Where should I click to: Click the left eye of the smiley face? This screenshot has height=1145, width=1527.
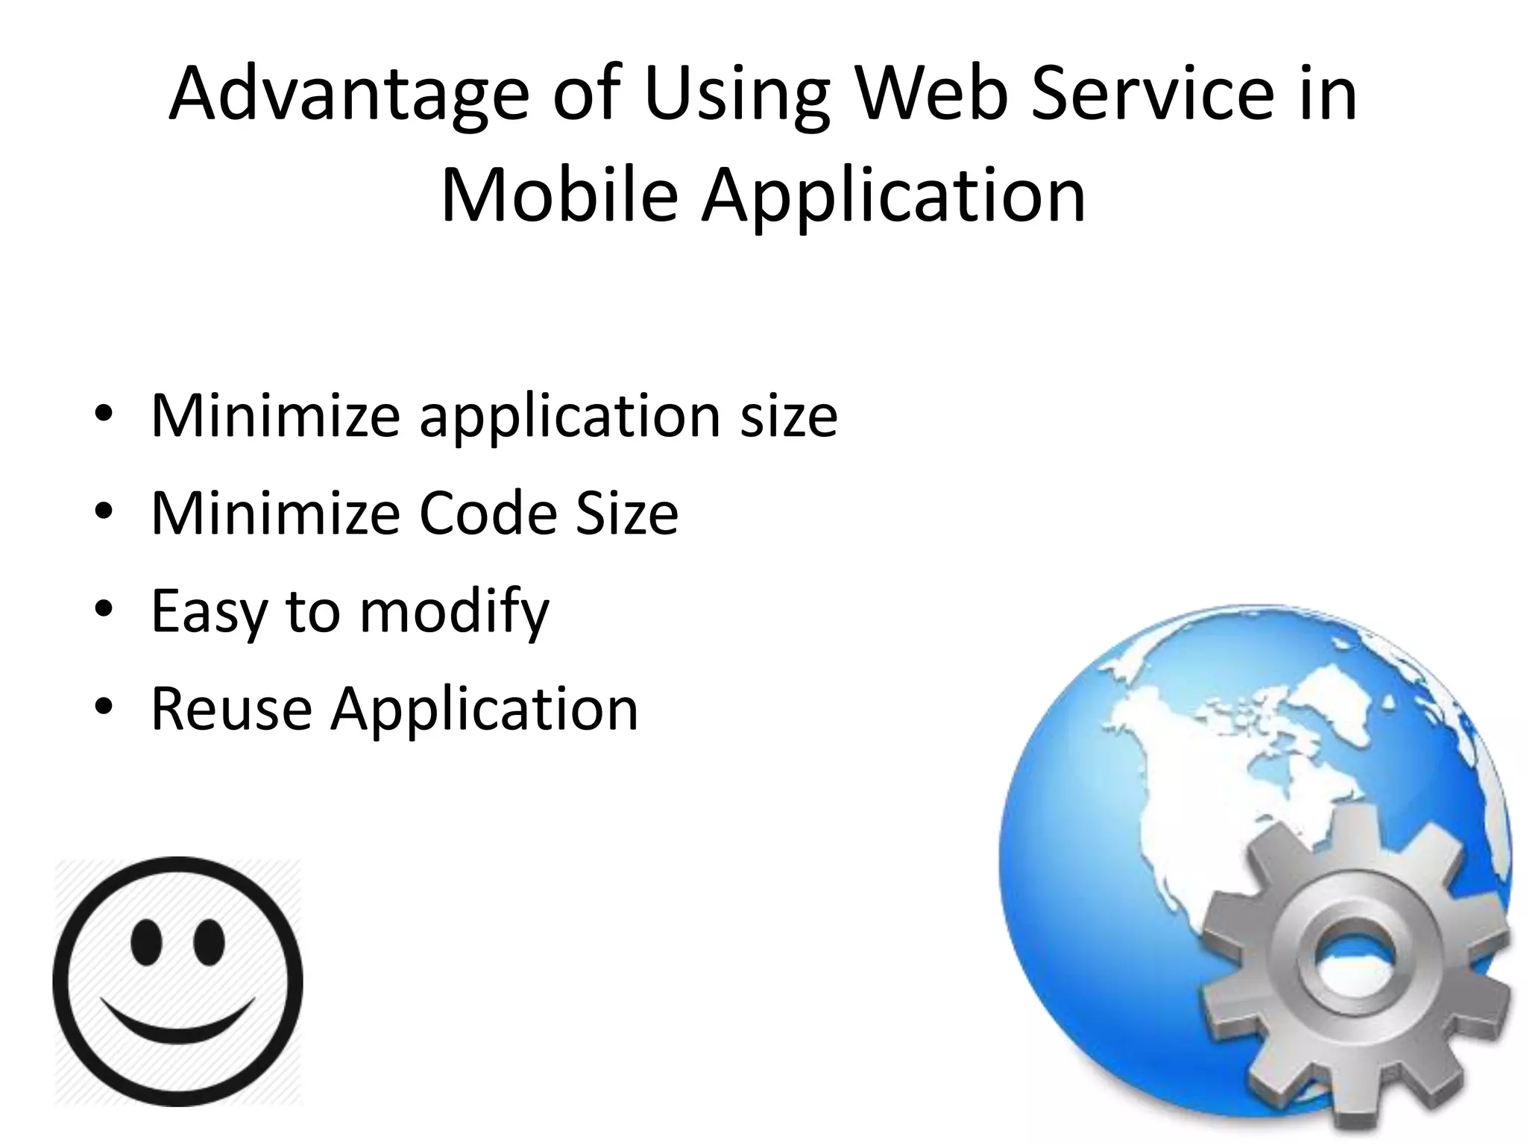[x=145, y=940]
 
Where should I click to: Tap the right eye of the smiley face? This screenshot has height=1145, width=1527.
[x=209, y=940]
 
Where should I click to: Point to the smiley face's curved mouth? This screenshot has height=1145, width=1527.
[x=177, y=1027]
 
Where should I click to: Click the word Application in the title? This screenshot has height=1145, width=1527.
[x=892, y=195]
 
